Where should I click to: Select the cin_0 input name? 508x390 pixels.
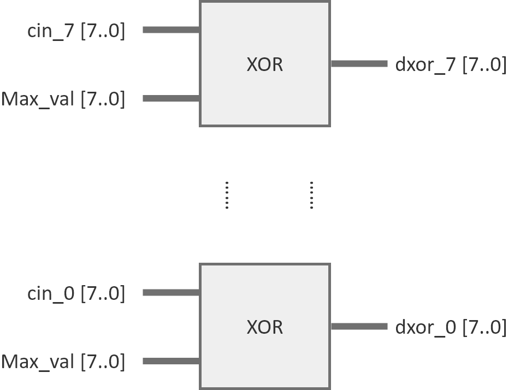tap(51, 294)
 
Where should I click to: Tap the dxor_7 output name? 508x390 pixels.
tap(426, 65)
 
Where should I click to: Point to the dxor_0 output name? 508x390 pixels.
tap(426, 328)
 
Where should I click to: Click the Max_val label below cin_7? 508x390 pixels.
tap(38, 99)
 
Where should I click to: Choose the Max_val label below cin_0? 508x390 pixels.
tap(38, 362)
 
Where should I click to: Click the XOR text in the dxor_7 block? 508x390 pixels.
tap(265, 64)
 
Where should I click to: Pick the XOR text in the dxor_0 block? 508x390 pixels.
tap(265, 327)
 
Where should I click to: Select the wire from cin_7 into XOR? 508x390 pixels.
tap(171, 30)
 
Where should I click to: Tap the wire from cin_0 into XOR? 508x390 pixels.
tap(171, 293)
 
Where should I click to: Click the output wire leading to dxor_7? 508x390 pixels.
tap(359, 64)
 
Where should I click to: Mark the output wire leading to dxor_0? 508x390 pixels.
tap(359, 327)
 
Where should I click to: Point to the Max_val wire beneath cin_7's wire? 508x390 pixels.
tap(171, 98)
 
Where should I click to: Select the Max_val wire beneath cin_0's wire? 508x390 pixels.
tap(171, 361)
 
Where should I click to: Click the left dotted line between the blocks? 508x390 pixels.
tap(227, 195)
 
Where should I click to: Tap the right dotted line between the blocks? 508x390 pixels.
tap(311, 195)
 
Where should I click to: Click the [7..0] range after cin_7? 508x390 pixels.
tap(103, 31)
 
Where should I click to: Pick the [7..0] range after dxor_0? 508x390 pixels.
tap(485, 328)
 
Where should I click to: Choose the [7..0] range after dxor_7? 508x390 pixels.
tap(485, 65)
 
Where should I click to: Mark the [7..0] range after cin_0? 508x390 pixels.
tap(103, 294)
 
